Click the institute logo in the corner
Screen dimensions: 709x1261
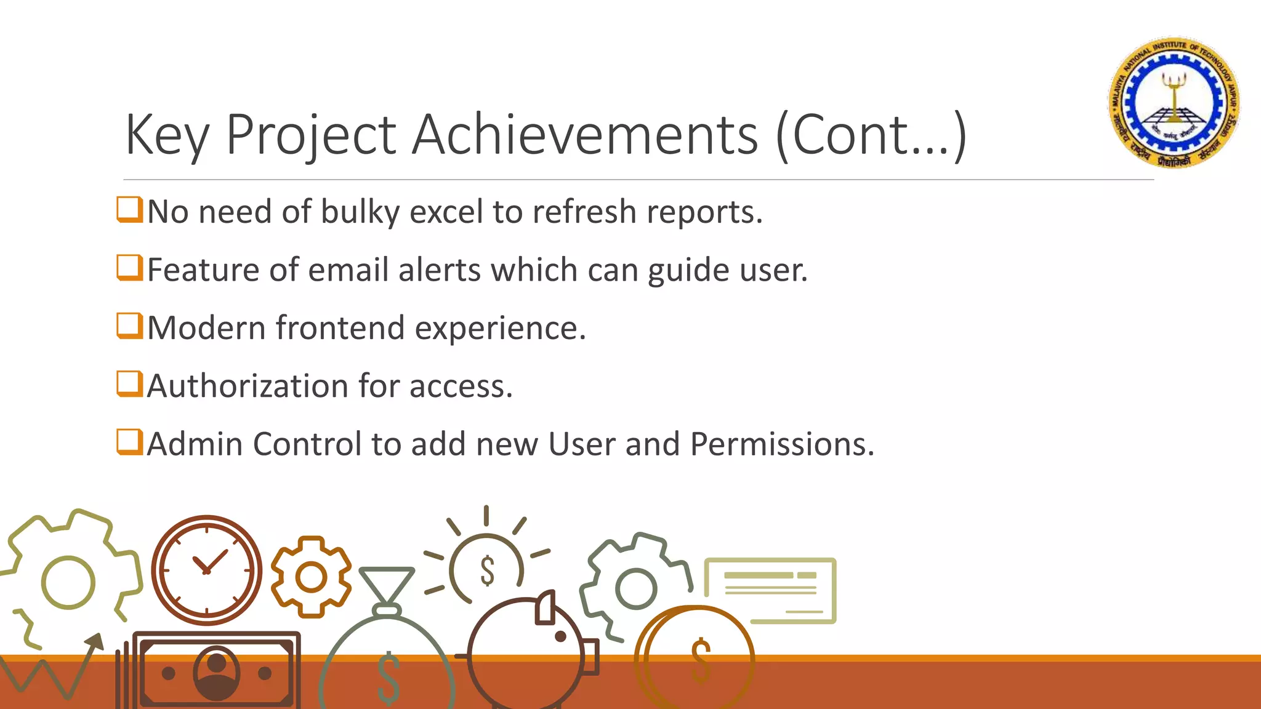point(1174,102)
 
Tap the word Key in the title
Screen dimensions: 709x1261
point(167,135)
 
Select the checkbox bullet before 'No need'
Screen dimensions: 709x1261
point(130,209)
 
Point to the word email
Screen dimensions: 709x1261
point(348,270)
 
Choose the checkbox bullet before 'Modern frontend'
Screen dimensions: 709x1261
point(130,326)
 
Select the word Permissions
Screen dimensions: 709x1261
point(781,444)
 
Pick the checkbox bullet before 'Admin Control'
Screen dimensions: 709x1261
point(130,442)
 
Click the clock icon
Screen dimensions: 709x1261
point(206,570)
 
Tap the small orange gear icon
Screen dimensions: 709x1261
point(311,577)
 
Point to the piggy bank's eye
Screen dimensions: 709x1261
point(560,636)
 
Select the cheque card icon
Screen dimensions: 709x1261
point(770,590)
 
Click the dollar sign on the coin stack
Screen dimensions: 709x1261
point(701,661)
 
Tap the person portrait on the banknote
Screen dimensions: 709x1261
point(216,672)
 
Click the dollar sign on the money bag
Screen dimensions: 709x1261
point(389,678)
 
